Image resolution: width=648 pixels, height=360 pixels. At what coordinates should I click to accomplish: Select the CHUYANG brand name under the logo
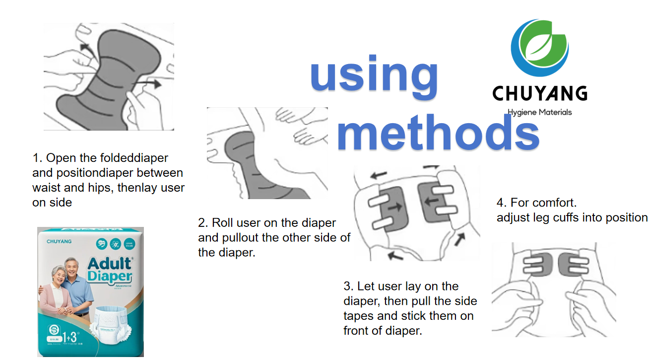click(539, 93)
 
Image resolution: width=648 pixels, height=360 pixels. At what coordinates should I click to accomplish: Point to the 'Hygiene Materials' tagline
click(539, 112)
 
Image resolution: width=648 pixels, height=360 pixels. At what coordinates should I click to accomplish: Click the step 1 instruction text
click(108, 180)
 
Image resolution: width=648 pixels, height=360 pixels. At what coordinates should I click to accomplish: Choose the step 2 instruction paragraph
click(274, 237)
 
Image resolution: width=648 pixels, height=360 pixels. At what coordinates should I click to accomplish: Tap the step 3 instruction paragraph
click(410, 308)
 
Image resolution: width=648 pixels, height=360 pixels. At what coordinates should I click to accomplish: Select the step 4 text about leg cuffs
click(572, 210)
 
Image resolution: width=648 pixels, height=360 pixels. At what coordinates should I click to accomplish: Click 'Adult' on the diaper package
click(110, 263)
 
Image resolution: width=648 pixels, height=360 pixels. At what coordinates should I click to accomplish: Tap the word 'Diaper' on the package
click(110, 276)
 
